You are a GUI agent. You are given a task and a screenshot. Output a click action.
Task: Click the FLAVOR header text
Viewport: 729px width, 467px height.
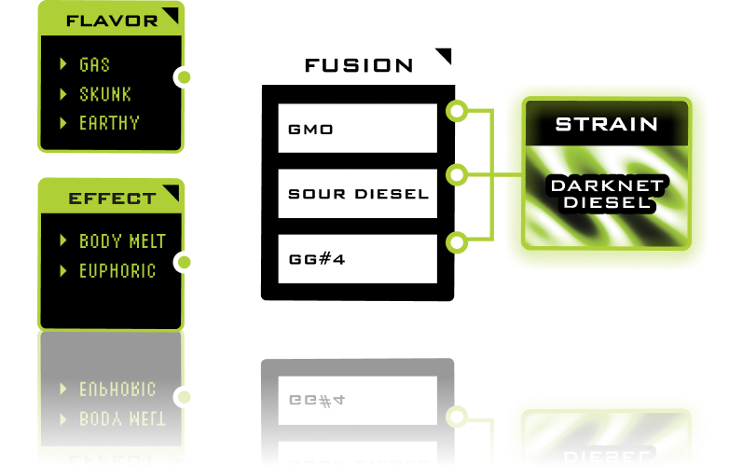pyautogui.click(x=112, y=21)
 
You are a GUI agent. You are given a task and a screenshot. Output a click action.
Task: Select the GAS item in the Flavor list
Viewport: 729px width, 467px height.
pyautogui.click(x=94, y=64)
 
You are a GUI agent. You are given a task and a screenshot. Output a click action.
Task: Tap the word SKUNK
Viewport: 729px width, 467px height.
pyautogui.click(x=104, y=94)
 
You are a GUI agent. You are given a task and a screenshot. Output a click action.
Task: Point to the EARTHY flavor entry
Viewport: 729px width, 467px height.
pyautogui.click(x=109, y=123)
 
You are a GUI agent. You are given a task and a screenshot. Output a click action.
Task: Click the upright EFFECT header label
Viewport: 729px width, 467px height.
pyautogui.click(x=112, y=199)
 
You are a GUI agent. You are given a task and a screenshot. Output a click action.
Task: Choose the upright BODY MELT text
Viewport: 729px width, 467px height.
pyautogui.click(x=122, y=241)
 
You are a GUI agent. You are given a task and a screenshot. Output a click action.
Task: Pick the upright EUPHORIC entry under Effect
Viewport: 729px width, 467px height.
pyautogui.click(x=117, y=270)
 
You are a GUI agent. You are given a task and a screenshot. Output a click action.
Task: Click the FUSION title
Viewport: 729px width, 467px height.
pyautogui.click(x=359, y=65)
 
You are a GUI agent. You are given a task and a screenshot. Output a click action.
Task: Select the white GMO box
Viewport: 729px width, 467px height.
pyautogui.click(x=357, y=129)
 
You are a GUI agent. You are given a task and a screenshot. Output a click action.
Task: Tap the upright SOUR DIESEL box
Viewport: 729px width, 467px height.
pyautogui.click(x=357, y=194)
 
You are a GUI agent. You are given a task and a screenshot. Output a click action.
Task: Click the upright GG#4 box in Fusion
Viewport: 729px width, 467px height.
pyautogui.click(x=357, y=259)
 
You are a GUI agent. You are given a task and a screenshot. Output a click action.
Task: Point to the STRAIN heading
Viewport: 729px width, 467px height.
pyautogui.click(x=607, y=124)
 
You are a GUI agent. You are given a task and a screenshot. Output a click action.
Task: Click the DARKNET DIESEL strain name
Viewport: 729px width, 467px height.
pyautogui.click(x=607, y=193)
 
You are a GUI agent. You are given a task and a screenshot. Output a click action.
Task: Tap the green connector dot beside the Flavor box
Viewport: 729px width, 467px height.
pyautogui.click(x=185, y=76)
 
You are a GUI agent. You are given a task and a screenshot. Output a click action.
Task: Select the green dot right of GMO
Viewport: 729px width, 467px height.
pyautogui.click(x=457, y=112)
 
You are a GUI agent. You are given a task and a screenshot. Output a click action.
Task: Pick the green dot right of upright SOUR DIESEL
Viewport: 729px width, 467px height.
pyautogui.click(x=457, y=174)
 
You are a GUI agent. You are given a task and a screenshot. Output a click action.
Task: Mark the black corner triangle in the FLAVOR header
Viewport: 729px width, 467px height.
pyautogui.click(x=171, y=14)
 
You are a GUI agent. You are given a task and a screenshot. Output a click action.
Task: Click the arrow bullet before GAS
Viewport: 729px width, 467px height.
pyautogui.click(x=63, y=64)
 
